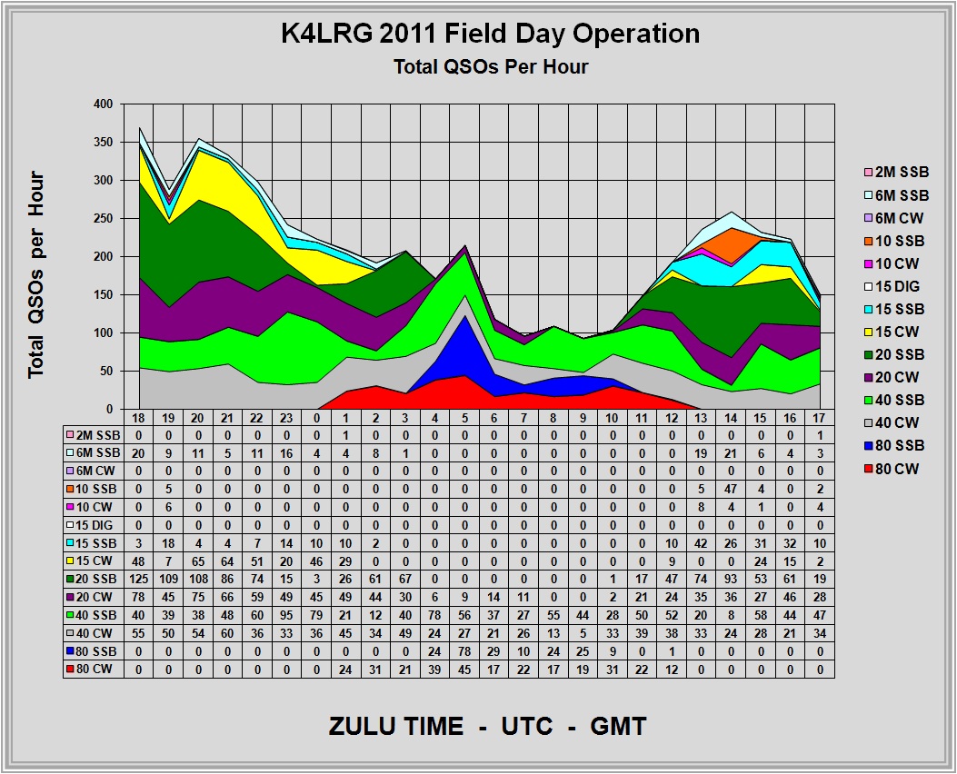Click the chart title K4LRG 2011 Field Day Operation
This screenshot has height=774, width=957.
tap(490, 35)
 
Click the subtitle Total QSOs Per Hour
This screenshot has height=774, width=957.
tap(490, 66)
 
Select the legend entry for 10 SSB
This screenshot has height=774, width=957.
tap(900, 241)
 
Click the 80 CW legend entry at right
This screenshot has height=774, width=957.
tap(900, 468)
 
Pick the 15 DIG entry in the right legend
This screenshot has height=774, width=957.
tap(900, 286)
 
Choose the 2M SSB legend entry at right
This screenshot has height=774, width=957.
tap(900, 173)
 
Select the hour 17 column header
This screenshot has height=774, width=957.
tap(820, 418)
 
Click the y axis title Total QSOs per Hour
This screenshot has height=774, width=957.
tap(36, 275)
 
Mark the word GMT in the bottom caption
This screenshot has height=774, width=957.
tap(617, 727)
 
